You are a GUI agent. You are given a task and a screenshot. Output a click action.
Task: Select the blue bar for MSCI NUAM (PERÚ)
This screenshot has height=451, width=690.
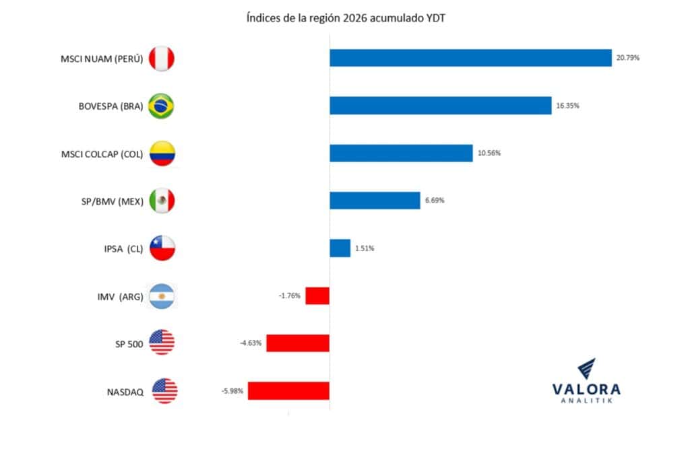click(x=470, y=58)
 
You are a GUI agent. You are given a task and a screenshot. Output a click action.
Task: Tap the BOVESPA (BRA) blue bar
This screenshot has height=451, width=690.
click(x=440, y=106)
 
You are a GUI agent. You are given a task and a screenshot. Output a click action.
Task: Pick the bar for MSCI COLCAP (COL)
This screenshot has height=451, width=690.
click(x=401, y=153)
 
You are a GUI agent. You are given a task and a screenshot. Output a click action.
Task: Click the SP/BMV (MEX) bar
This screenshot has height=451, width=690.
click(x=375, y=201)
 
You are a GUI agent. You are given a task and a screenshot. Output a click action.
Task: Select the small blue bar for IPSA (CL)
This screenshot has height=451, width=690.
click(x=340, y=248)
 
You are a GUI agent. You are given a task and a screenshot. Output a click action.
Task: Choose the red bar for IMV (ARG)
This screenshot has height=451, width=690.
click(x=317, y=296)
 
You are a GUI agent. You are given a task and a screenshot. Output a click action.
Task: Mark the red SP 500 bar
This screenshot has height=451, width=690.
click(x=298, y=343)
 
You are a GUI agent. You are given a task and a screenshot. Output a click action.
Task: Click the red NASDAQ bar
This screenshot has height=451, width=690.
click(x=288, y=390)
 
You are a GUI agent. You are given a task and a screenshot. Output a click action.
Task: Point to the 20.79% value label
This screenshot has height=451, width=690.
click(x=627, y=58)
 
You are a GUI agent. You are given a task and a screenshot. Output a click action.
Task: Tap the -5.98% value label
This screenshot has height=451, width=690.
click(x=232, y=390)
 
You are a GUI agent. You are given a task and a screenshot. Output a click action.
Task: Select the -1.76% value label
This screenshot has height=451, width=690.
click(x=290, y=296)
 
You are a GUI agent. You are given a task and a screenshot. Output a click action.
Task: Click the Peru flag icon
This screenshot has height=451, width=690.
click(x=161, y=59)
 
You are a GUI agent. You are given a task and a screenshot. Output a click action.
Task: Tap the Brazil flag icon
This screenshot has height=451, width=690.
click(x=161, y=106)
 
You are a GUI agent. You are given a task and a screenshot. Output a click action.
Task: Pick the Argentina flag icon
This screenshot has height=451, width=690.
click(x=161, y=296)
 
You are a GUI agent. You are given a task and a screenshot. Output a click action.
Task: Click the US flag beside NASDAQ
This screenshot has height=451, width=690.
click(x=164, y=390)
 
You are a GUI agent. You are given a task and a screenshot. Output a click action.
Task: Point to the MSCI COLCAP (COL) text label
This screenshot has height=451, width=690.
click(x=102, y=154)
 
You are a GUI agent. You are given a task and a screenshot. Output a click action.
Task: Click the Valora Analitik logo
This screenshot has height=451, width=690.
click(x=586, y=383)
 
